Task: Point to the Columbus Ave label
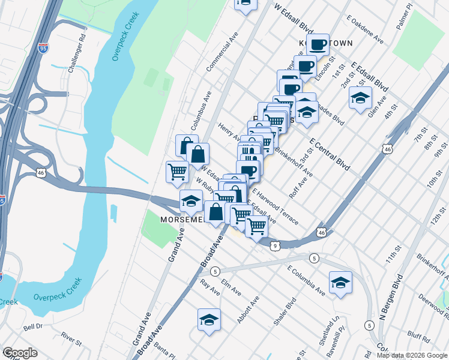(x=202, y=111)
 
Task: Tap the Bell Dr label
(x=33, y=327)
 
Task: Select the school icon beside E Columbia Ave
(x=340, y=283)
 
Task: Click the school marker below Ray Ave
(x=209, y=319)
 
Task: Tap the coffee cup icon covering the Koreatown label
(x=318, y=45)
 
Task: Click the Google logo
(x=20, y=353)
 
